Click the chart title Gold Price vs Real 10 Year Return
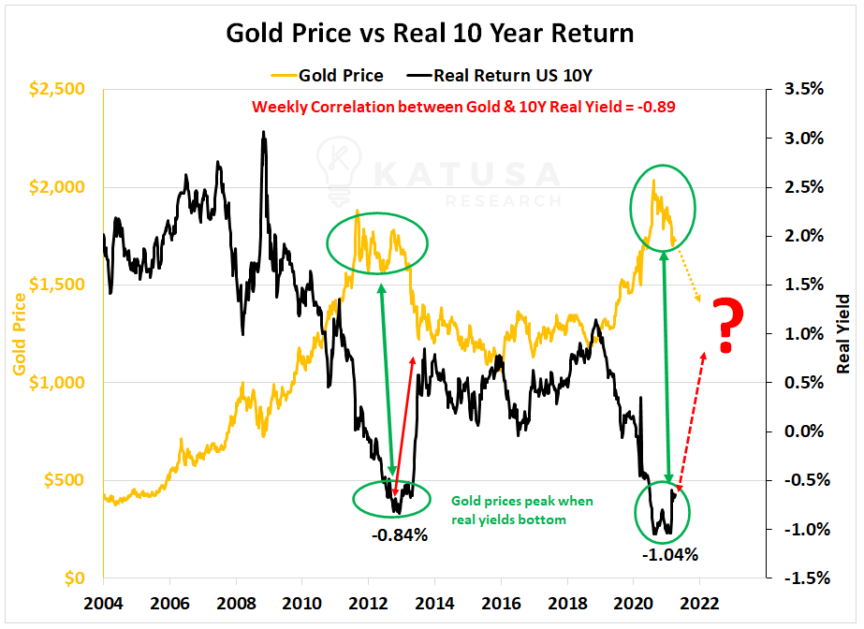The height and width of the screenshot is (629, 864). [x=431, y=34]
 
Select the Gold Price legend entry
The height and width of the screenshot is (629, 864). [x=332, y=74]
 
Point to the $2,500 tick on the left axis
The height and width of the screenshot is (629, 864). [x=57, y=89]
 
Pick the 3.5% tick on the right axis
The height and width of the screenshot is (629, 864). [x=802, y=89]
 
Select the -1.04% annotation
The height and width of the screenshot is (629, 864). [x=669, y=553]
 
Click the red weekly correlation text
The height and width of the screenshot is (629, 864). [x=463, y=107]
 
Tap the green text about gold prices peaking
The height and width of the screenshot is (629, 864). [x=521, y=509]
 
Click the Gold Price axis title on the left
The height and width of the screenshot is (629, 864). [x=19, y=333]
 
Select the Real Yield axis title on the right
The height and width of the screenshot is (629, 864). [x=842, y=333]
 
